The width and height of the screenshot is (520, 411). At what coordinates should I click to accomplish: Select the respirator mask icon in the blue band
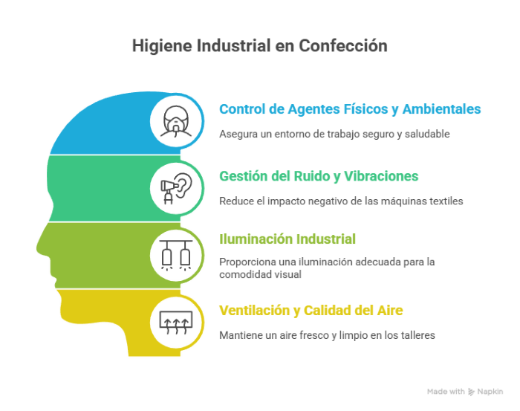tap(176, 121)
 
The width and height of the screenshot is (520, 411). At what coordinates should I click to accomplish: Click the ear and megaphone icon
tap(176, 188)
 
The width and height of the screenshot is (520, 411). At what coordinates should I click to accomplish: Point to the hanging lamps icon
tap(176, 255)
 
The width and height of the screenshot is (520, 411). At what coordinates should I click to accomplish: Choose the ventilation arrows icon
tap(176, 322)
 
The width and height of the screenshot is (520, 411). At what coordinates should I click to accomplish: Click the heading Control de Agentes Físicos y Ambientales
tap(350, 109)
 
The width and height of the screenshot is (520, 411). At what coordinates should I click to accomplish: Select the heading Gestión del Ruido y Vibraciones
tap(319, 176)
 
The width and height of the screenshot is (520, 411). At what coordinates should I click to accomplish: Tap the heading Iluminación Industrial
tap(287, 239)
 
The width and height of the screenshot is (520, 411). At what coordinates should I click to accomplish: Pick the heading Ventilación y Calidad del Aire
tap(311, 311)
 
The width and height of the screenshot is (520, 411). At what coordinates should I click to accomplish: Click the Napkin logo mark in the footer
tap(471, 392)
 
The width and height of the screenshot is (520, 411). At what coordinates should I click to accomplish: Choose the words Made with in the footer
tap(446, 392)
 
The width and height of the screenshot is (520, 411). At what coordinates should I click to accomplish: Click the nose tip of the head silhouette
tap(37, 247)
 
